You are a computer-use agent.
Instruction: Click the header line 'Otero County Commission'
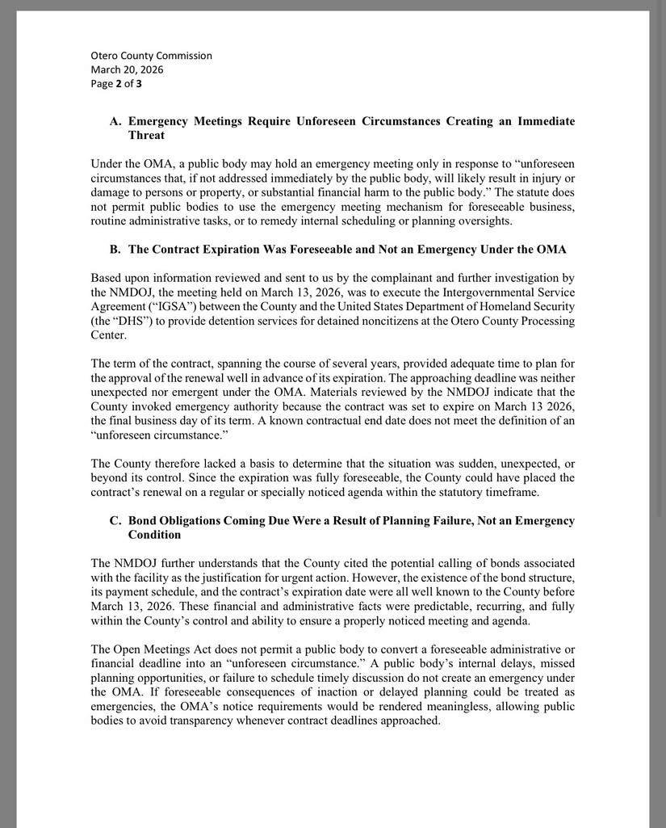151,56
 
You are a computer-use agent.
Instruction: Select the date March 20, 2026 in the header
127,69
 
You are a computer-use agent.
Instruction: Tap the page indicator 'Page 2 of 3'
116,83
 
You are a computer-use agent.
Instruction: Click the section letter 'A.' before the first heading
115,121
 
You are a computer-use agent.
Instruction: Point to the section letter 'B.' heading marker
115,249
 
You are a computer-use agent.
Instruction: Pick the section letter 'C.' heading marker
115,521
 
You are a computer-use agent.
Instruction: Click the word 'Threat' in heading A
146,135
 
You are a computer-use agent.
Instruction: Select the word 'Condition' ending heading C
154,535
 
